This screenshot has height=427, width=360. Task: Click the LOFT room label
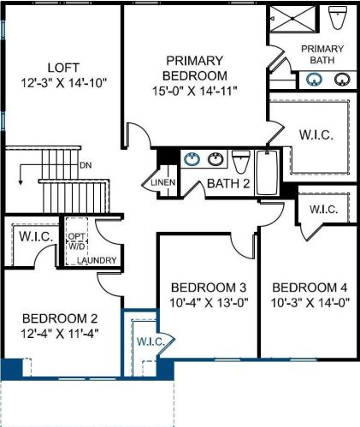pyautogui.click(x=63, y=68)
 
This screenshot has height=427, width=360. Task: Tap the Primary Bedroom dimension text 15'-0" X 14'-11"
pyautogui.click(x=195, y=92)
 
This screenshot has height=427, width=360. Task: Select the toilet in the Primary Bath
pyautogui.click(x=338, y=17)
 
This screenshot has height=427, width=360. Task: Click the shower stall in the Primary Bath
pyautogui.click(x=292, y=18)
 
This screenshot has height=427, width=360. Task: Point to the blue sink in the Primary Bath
pyautogui.click(x=314, y=80)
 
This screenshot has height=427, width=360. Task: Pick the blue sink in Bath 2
pyautogui.click(x=192, y=159)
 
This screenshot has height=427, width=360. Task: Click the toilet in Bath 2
pyautogui.click(x=241, y=162)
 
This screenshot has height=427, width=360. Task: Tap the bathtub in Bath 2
pyautogui.click(x=267, y=173)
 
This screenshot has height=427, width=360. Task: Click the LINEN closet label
pyautogui.click(x=163, y=182)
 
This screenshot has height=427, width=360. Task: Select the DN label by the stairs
pyautogui.click(x=86, y=165)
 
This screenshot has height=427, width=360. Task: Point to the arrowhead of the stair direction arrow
pyautogui.click(x=21, y=182)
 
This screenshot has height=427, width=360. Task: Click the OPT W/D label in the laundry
pyautogui.click(x=77, y=241)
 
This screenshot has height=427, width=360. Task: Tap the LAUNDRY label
pyautogui.click(x=97, y=260)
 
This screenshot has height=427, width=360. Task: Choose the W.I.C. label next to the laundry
pyautogui.click(x=36, y=236)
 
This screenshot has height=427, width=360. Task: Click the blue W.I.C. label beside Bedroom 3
pyautogui.click(x=150, y=341)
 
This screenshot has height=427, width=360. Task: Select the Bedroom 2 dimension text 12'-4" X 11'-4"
pyautogui.click(x=60, y=334)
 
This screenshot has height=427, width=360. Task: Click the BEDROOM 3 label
pyautogui.click(x=209, y=288)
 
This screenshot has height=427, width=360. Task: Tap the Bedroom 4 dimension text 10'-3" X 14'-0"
pyautogui.click(x=310, y=303)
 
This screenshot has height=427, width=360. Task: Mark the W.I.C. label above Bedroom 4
pyautogui.click(x=324, y=210)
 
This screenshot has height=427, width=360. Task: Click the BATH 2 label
pyautogui.click(x=228, y=183)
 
